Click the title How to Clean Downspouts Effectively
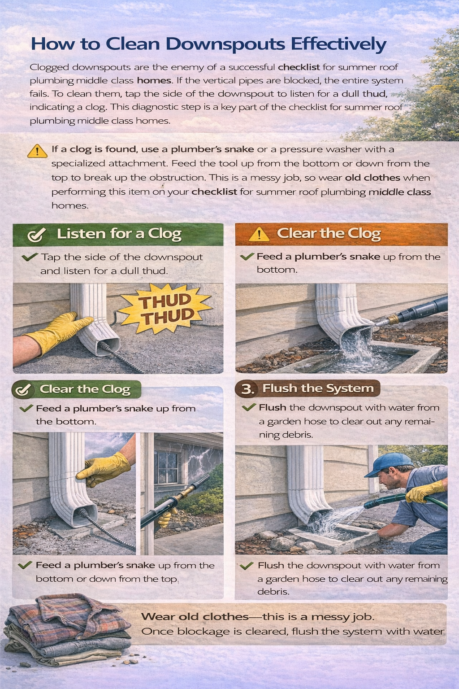tap(208, 44)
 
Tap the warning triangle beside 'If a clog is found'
tap(37, 151)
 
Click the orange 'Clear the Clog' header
tap(341, 234)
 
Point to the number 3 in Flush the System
tap(247, 389)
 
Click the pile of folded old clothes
tap(67, 628)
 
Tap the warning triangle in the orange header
tap(259, 235)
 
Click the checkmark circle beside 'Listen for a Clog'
tap(36, 235)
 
